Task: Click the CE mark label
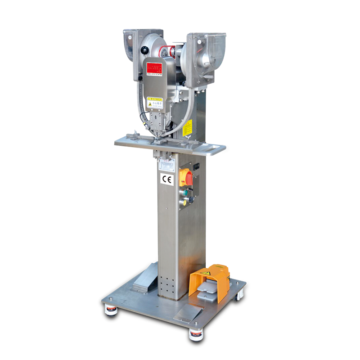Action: pos(166,179)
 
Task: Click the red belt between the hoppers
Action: pos(171,49)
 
